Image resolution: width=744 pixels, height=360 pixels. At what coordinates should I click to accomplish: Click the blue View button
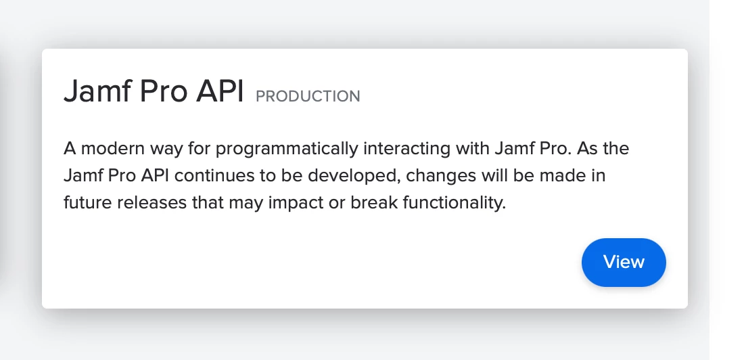624,262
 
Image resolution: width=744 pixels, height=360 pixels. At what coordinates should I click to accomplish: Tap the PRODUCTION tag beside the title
308,96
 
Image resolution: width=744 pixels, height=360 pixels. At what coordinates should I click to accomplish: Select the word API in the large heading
220,91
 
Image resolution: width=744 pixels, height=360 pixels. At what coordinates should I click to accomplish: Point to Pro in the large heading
164,91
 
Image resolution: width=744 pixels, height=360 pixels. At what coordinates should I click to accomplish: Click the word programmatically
287,149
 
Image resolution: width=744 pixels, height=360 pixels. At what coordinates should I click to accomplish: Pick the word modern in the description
112,149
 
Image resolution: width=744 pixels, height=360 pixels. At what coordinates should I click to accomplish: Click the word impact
294,203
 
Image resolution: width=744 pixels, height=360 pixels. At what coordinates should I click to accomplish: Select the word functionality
454,203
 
